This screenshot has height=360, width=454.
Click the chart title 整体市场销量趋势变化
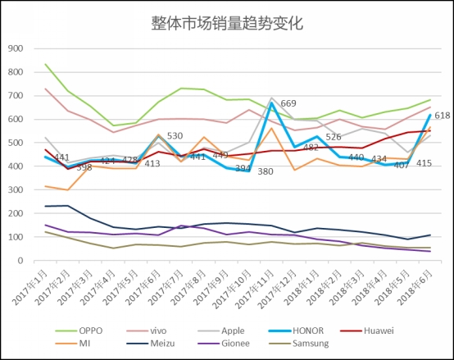click(x=227, y=23)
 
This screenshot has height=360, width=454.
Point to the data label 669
click(x=288, y=103)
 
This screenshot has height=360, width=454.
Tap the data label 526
click(x=334, y=137)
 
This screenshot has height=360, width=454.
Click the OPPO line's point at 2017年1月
click(x=45, y=64)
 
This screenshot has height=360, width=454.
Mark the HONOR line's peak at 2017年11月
click(x=271, y=103)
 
